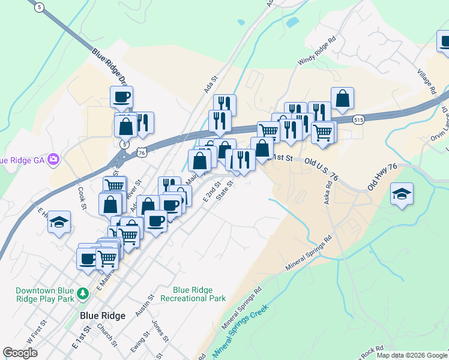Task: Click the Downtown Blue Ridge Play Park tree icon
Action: pos(85,293)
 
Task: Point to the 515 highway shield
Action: pos(358,120)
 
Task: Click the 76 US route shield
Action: pos(142,153)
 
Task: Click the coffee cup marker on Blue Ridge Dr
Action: pos(121,95)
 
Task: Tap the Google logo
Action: pos(20,353)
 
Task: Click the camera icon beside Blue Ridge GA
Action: pos(54,159)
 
